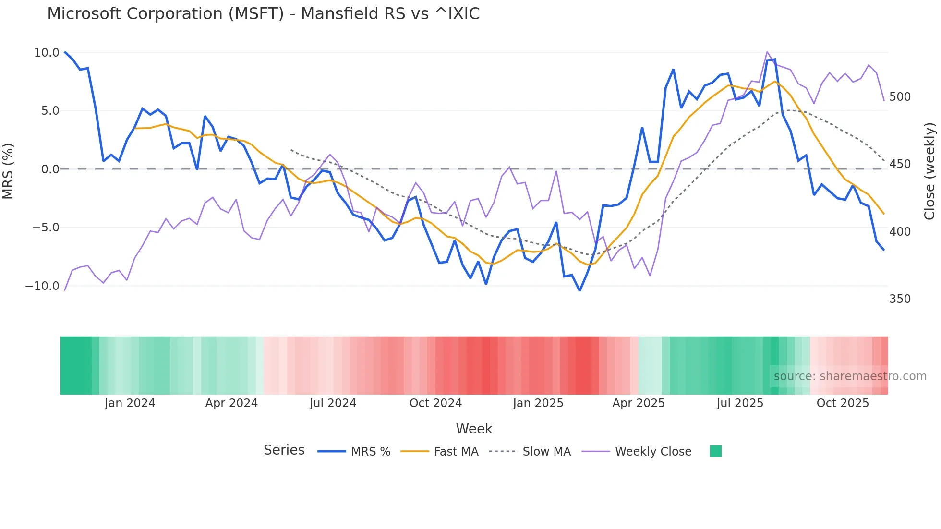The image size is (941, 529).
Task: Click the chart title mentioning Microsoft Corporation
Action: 263,14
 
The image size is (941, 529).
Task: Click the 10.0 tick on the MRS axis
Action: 47,53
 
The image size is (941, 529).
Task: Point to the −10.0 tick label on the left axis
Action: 42,286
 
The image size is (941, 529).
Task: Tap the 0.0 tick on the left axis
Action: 50,169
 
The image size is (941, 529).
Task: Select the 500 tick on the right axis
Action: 900,97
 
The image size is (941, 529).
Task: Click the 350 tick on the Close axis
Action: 900,299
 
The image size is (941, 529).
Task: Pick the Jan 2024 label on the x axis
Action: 130,403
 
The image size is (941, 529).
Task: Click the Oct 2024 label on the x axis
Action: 435,403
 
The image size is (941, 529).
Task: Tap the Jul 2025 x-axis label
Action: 740,403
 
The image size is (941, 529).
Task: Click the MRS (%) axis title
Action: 8,171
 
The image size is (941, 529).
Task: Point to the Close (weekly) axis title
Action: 929,171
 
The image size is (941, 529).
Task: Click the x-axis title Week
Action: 474,429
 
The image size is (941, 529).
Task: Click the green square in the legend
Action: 715,451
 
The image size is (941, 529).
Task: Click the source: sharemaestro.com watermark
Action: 850,376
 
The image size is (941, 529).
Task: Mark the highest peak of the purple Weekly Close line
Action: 767,52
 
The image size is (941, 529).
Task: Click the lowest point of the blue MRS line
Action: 579,290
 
